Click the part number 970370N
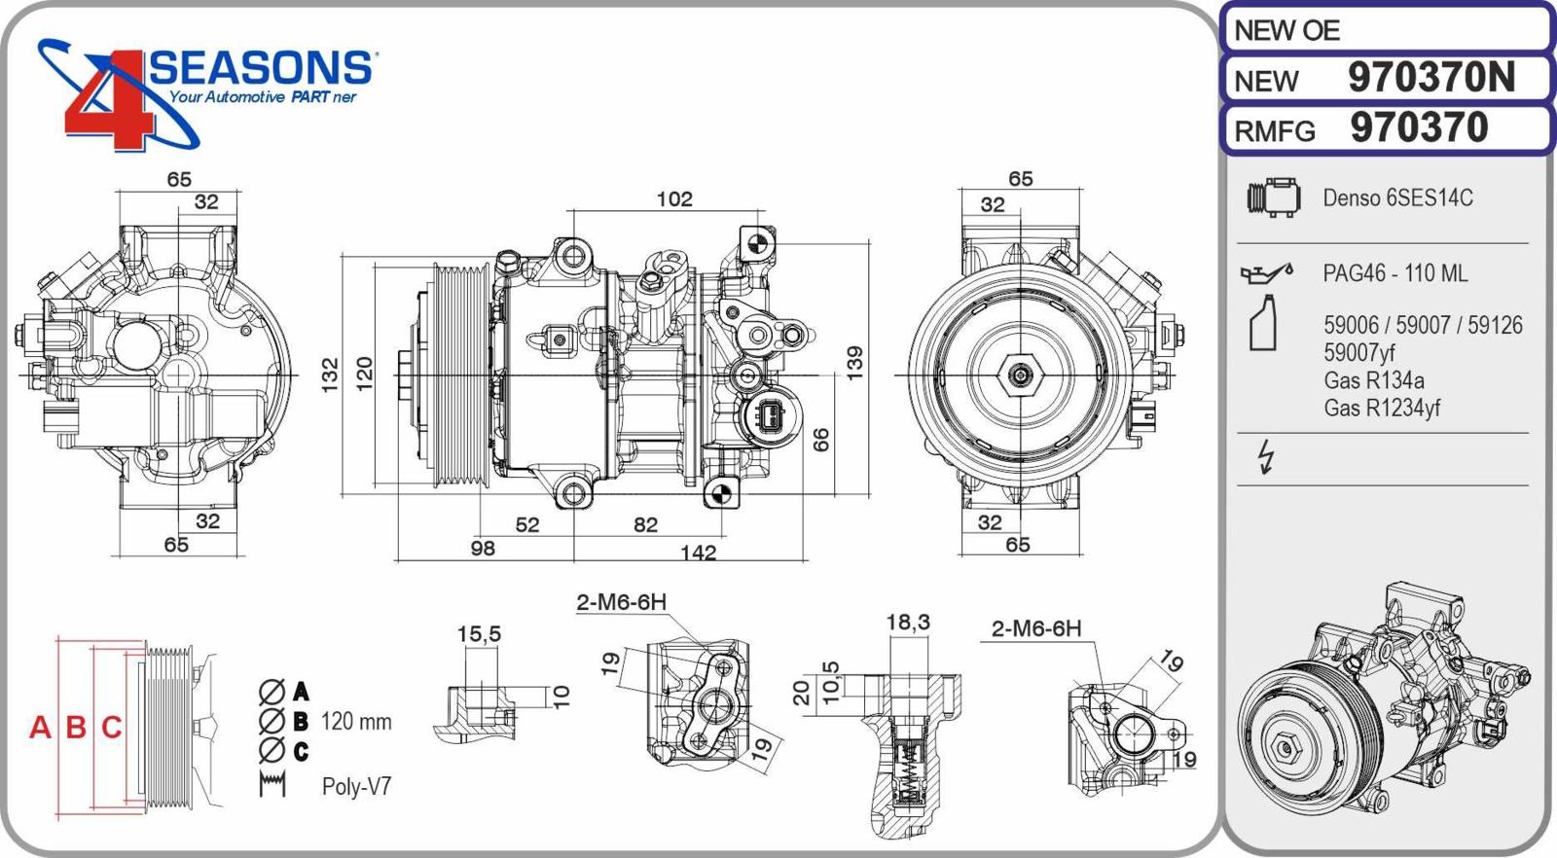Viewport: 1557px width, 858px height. (1430, 78)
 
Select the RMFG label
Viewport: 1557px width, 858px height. (1275, 131)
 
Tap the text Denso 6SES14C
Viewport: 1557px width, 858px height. (1397, 198)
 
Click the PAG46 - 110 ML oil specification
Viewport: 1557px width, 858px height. (1394, 274)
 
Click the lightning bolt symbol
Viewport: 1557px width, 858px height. (1266, 456)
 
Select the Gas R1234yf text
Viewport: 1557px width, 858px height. (1382, 409)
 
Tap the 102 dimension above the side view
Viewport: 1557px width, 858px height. (674, 199)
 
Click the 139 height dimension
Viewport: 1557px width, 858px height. (854, 363)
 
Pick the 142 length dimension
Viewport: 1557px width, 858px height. (698, 554)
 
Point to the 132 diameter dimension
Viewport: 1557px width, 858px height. (330, 374)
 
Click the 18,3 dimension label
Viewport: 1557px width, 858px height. (908, 623)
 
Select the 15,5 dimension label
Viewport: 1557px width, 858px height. (479, 635)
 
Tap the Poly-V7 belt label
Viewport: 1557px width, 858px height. (356, 787)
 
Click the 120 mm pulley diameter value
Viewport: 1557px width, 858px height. (356, 722)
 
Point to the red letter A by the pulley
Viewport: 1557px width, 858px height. (40, 728)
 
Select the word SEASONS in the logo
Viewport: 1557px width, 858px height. (261, 68)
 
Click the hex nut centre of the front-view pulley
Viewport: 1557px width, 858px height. (1019, 375)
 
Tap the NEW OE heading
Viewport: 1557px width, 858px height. (1286, 31)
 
